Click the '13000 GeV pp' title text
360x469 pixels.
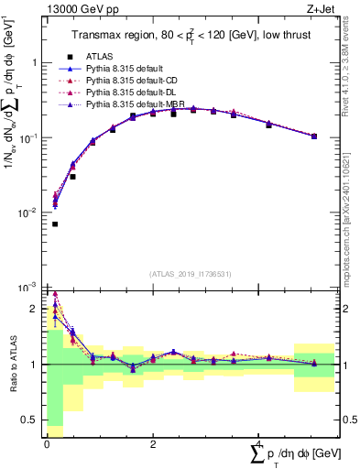pyautogui.click(x=80, y=10)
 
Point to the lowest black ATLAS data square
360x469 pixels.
pyautogui.click(x=55, y=224)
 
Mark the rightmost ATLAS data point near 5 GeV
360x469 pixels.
pyautogui.click(x=314, y=136)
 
